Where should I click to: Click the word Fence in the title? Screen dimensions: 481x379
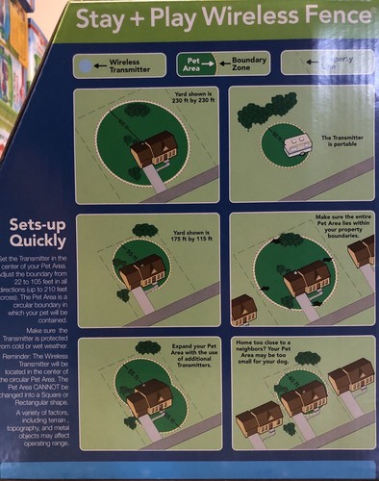click(x=327, y=18)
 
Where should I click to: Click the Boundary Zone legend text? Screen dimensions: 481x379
click(x=248, y=63)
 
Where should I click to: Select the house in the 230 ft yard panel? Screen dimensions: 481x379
click(x=154, y=149)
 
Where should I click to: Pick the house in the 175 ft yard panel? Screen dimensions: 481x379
click(x=142, y=272)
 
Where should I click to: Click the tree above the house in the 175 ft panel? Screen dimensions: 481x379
click(x=145, y=231)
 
